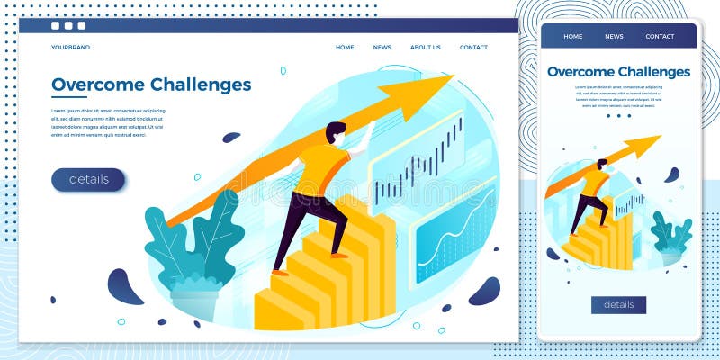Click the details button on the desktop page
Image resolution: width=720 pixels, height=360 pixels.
tap(88, 179)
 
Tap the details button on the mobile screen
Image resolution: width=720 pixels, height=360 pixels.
tap(618, 304)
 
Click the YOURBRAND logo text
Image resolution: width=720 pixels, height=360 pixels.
tap(70, 48)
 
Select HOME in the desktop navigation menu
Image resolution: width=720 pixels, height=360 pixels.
tap(345, 48)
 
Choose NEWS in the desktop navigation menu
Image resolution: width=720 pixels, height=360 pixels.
tap(382, 48)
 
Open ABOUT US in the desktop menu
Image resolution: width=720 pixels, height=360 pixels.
tap(426, 48)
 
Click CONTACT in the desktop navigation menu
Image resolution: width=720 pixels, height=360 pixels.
tap(473, 48)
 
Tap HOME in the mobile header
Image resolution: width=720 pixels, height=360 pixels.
tap(573, 37)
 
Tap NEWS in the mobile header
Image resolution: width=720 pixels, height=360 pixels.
tap(614, 37)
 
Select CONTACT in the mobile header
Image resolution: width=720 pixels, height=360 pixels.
tap(660, 37)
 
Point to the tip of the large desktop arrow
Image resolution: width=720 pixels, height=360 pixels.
tap(450, 78)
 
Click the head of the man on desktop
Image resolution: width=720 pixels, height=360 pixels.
tap(336, 133)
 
